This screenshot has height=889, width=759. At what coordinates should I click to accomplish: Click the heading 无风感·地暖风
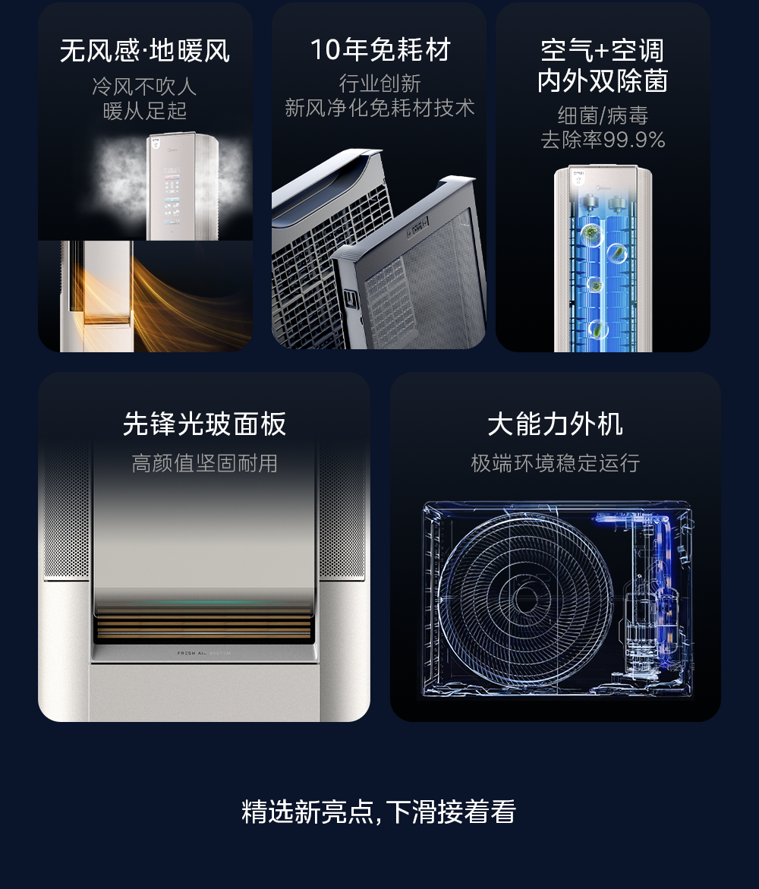pos(144,51)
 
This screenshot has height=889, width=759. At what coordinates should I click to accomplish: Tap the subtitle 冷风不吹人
pos(144,87)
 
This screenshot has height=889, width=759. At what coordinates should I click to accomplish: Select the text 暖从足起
pos(144,111)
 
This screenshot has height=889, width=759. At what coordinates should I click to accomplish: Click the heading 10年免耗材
pos(380,50)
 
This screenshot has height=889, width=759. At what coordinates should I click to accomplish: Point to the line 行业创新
pos(379,84)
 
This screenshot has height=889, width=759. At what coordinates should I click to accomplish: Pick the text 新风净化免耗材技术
pos(379,108)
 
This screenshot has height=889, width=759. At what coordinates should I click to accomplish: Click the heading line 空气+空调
pos(603,51)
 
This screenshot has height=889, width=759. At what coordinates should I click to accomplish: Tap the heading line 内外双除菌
pos(603,80)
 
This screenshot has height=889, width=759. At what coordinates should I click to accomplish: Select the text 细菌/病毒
pos(603,115)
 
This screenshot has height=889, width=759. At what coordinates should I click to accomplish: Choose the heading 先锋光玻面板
pos(205,424)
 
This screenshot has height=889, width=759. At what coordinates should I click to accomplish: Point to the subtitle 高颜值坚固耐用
pos(205,463)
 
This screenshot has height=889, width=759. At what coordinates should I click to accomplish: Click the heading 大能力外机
pos(556,424)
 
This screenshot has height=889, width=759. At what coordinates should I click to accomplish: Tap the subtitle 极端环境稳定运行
pos(556,463)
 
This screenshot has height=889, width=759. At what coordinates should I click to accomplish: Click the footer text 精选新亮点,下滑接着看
pos(379,812)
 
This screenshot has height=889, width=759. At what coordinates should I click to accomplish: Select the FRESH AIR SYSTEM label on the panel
pos(204,653)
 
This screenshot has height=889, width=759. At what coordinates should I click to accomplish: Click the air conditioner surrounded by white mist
pos(182,186)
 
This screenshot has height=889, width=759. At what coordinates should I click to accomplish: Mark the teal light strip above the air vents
pos(204,602)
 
